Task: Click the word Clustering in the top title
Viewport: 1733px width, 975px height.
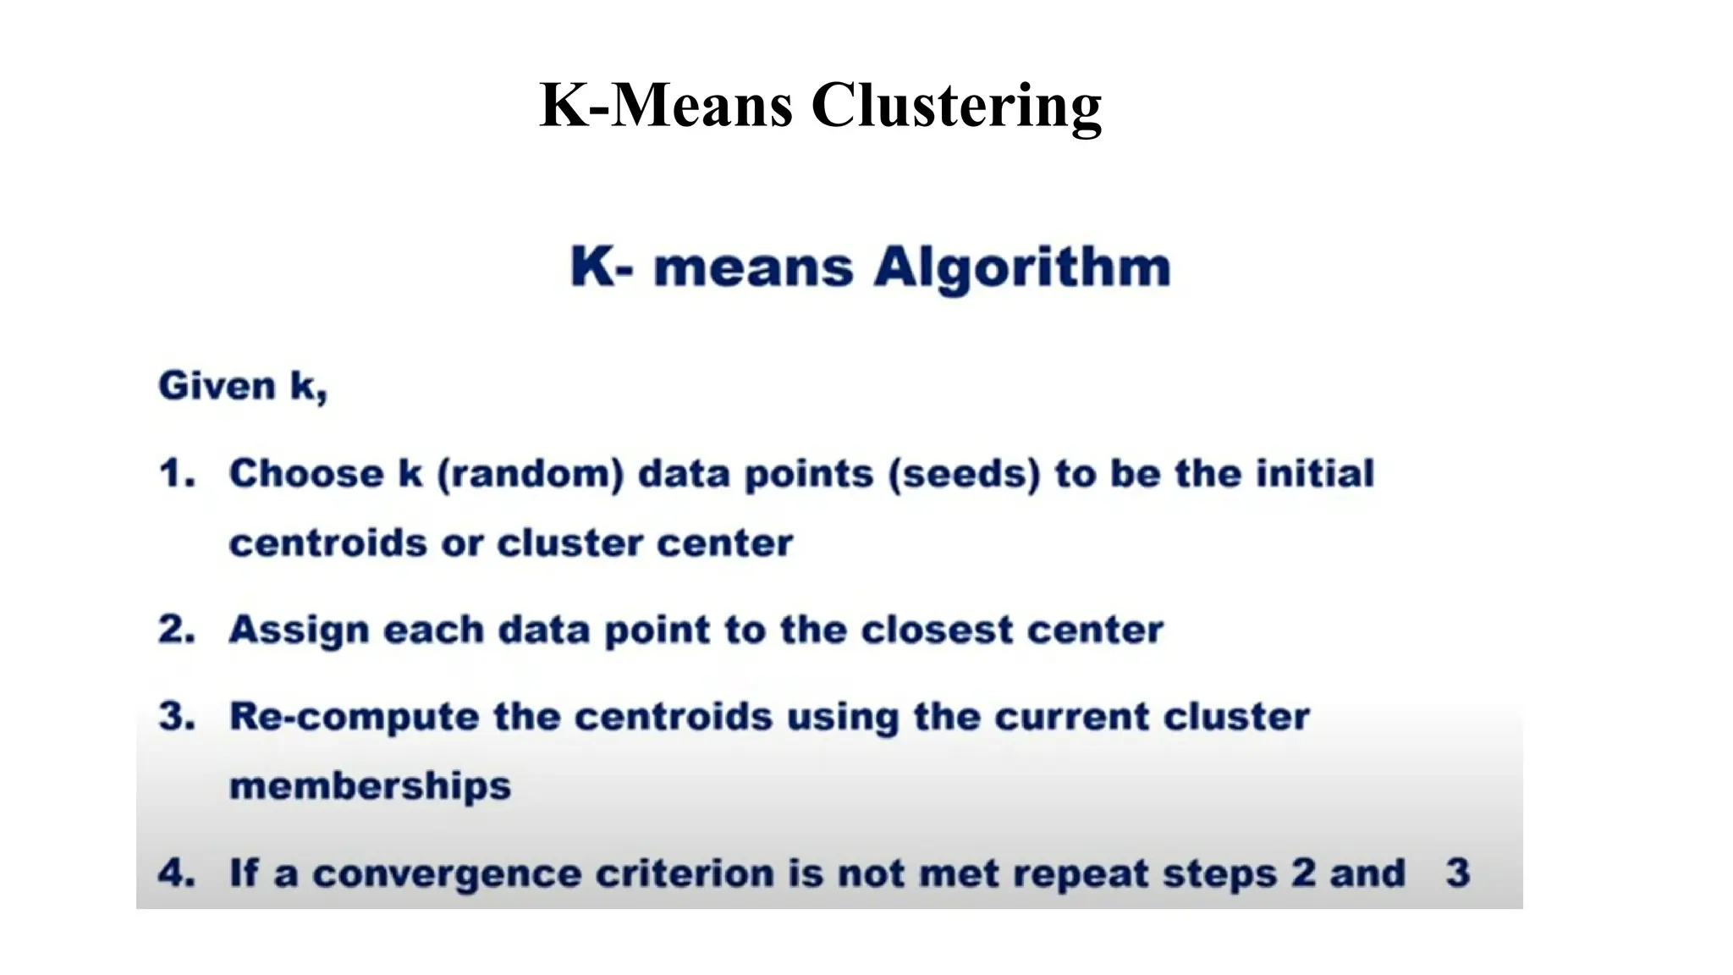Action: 955,106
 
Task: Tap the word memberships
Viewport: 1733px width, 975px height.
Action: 370,786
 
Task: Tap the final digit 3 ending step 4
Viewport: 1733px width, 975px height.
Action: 1457,873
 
